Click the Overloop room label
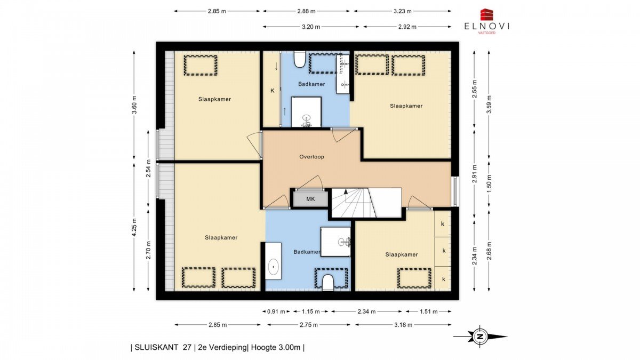(x=311, y=157)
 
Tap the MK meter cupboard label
(x=310, y=199)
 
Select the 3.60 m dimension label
(x=134, y=105)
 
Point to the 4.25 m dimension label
(x=134, y=227)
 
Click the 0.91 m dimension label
(x=276, y=311)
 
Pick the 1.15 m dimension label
(x=311, y=311)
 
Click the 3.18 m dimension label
(x=403, y=325)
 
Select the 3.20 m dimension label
(x=311, y=27)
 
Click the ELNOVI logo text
(x=487, y=26)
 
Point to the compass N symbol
(x=480, y=337)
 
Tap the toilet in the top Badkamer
(x=300, y=59)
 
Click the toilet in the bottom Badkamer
(x=327, y=283)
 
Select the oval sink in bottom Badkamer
(x=274, y=267)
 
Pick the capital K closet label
(x=273, y=91)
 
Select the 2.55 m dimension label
(x=474, y=89)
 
